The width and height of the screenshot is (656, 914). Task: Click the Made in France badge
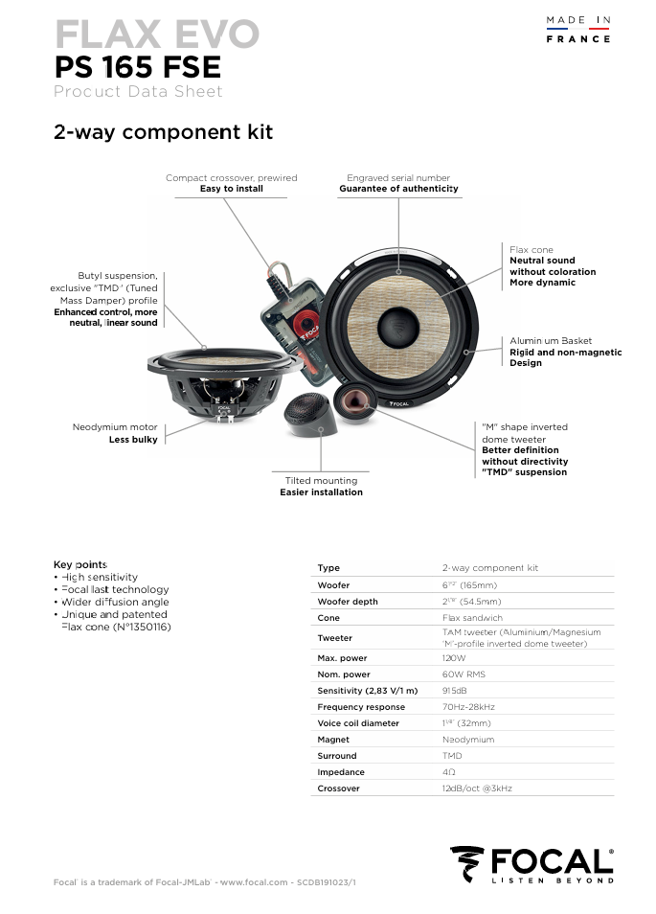(x=577, y=29)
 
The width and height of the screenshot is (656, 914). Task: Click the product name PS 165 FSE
(x=137, y=67)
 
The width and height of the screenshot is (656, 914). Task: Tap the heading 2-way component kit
(x=163, y=132)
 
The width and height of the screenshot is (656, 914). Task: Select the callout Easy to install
(x=231, y=190)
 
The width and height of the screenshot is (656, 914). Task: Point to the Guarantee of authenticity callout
(x=398, y=190)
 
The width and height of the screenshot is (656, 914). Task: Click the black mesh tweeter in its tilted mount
(x=312, y=414)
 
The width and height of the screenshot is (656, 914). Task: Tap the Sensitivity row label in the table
(x=368, y=691)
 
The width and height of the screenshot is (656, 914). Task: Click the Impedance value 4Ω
(x=448, y=772)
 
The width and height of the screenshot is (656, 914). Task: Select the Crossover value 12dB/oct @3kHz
(x=477, y=788)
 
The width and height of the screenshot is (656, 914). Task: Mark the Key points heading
(x=79, y=564)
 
